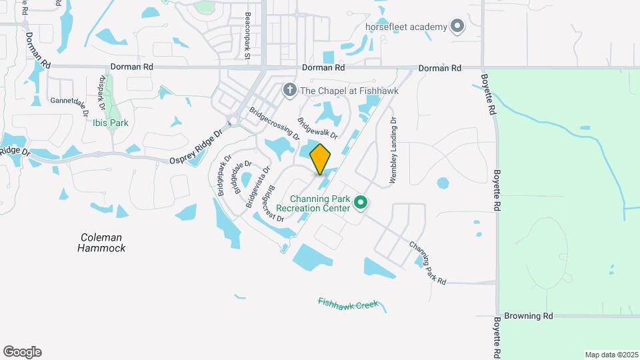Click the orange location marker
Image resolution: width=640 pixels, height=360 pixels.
point(321,159)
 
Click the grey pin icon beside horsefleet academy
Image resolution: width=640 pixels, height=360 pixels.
point(457,27)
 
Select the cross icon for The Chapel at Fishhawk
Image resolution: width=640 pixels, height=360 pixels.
point(289,89)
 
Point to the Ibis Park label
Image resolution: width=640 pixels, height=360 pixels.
point(111,123)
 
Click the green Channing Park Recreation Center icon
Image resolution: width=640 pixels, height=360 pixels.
point(361,201)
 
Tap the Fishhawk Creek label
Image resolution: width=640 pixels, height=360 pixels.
point(348,304)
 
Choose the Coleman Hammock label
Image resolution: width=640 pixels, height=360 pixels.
point(101,243)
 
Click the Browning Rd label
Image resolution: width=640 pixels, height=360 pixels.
point(529,315)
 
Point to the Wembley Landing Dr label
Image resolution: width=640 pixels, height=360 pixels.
point(393,151)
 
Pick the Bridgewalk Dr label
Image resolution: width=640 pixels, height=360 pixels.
point(317,128)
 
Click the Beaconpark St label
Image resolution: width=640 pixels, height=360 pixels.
point(247,37)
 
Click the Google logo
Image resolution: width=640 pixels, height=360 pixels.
point(22,351)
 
